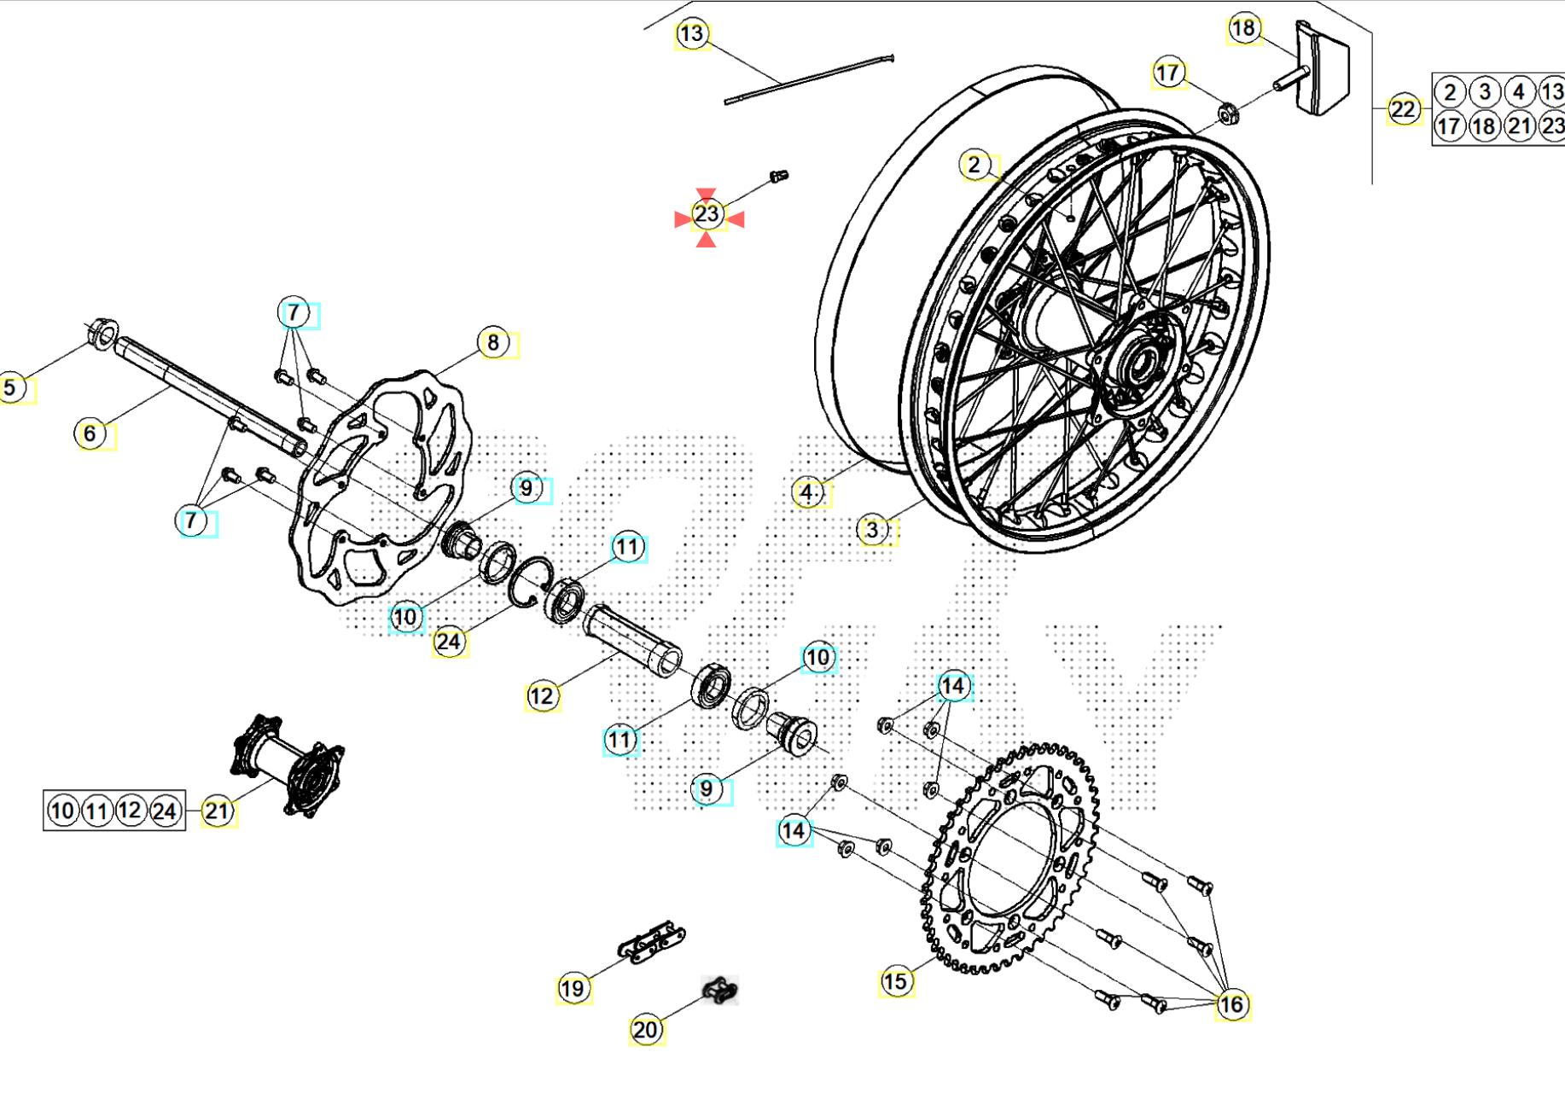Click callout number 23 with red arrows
(x=707, y=214)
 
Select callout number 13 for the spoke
(x=691, y=34)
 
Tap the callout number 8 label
(x=493, y=343)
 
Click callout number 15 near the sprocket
(x=895, y=982)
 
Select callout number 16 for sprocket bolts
(x=1231, y=1005)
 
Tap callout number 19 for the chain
(x=573, y=989)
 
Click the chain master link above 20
(x=720, y=991)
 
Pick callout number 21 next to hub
(x=218, y=811)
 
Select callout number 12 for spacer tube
(x=542, y=697)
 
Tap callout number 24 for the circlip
(x=449, y=642)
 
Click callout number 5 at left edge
(x=10, y=388)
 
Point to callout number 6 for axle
(x=90, y=434)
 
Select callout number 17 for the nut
(x=1167, y=73)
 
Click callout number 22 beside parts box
(x=1402, y=109)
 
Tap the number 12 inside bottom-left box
(x=130, y=810)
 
